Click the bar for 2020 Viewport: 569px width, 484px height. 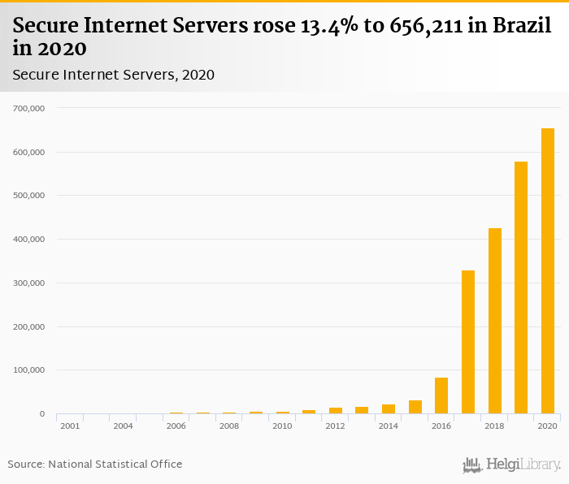click(548, 271)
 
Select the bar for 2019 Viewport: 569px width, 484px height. click(521, 287)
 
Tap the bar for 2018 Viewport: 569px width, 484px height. click(495, 321)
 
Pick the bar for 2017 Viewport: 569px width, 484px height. click(468, 342)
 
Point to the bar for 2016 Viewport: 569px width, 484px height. click(441, 395)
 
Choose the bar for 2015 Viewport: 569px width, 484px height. click(415, 407)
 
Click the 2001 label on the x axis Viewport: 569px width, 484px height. click(70, 426)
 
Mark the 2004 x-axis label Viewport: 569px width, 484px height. click(124, 426)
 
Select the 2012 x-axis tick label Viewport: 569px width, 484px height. click(335, 426)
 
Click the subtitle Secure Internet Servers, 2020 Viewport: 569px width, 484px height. click(114, 75)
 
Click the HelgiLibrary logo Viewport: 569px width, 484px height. click(512, 465)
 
